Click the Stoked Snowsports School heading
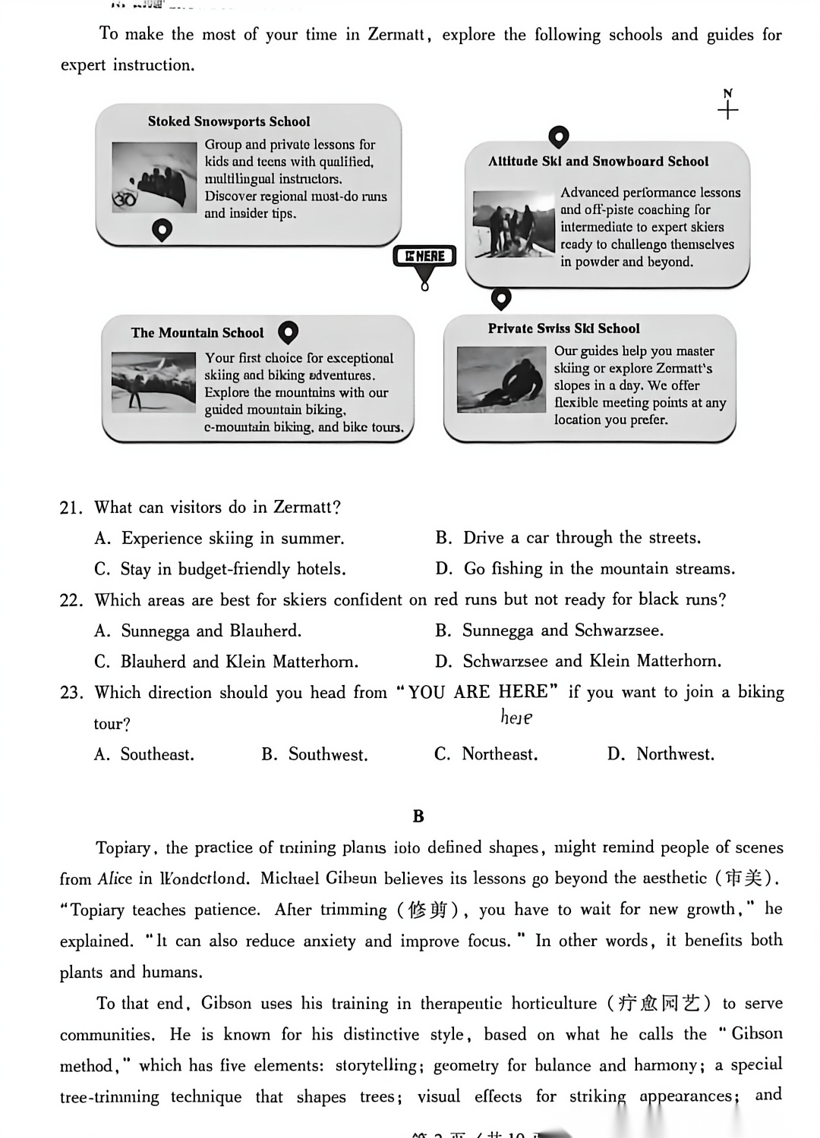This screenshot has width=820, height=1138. pos(229,121)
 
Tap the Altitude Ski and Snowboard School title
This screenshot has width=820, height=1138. pos(598,162)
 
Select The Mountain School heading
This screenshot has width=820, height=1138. pos(197,332)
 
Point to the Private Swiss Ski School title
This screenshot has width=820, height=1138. pos(563,329)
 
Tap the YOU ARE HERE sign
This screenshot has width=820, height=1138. pos(424,256)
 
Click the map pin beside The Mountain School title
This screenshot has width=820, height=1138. pos(288,332)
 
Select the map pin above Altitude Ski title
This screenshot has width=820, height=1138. pos(558,137)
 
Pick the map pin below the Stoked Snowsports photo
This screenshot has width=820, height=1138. pos(162,229)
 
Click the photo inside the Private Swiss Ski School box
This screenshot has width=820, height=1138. pos(500,379)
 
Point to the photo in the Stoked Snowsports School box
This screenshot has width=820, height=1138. pos(153,176)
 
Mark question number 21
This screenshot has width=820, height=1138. pos(71,508)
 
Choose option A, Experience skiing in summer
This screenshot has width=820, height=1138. pos(219,539)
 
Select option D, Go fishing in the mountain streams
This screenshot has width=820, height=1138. pos(585,569)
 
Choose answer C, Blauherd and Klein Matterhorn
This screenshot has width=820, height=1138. pos(226,662)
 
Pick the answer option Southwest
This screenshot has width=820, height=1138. pos(314,755)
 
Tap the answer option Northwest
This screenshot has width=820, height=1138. pos(661,754)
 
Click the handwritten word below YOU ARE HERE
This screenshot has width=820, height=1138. pos(516,717)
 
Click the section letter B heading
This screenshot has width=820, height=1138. pos(418,816)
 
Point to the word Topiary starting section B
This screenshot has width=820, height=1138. pos(123,847)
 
